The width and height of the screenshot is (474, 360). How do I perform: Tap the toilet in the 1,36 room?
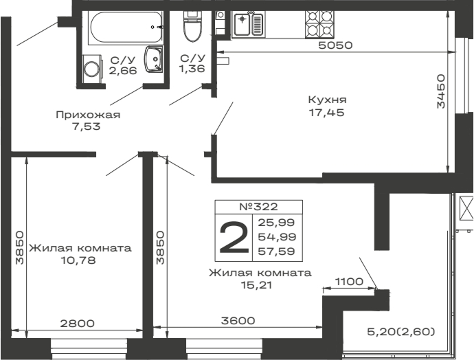[192, 27]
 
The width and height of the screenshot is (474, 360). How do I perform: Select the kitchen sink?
[248, 25]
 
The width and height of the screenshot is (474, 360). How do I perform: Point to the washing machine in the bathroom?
[91, 69]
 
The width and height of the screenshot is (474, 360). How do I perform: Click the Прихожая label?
[87, 115]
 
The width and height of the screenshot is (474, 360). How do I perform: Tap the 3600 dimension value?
[238, 320]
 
